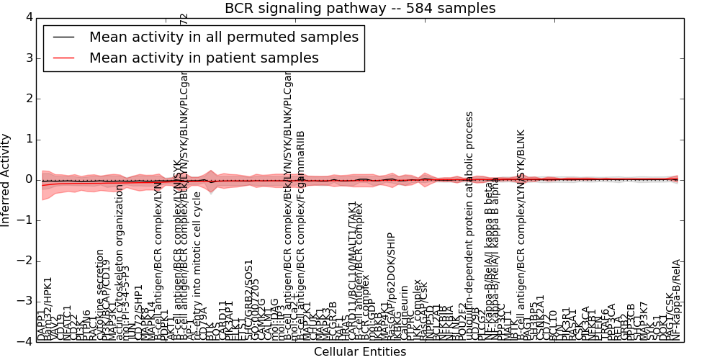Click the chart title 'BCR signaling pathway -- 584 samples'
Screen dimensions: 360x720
[x=360, y=9]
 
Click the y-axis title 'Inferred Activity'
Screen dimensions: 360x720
[x=6, y=180]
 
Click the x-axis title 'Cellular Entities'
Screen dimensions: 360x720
[x=360, y=352]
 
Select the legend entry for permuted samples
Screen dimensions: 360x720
[x=223, y=37]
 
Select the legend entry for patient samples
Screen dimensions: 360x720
[x=204, y=58]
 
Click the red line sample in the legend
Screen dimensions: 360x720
[x=63, y=58]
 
